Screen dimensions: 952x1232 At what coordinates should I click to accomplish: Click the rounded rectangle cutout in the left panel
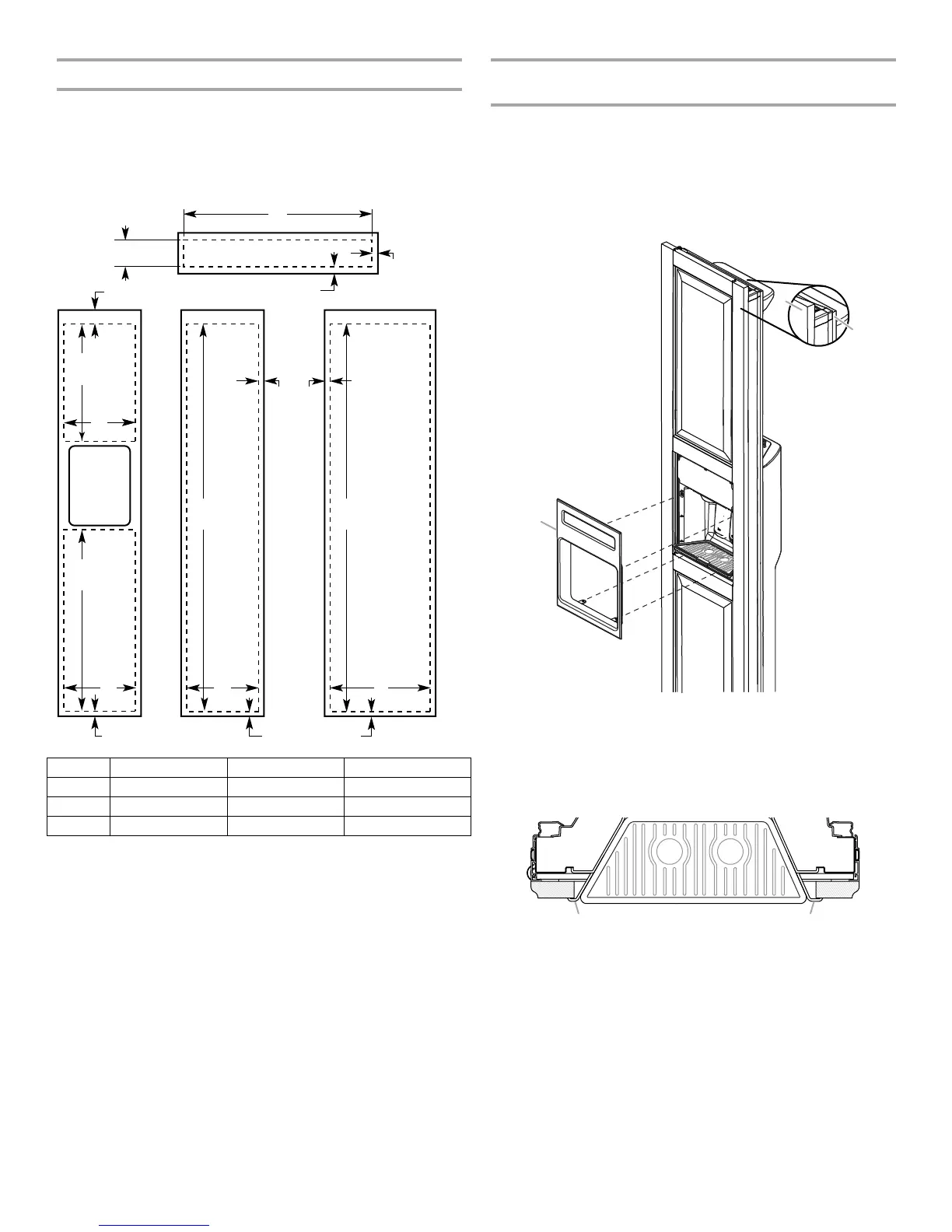click(x=100, y=485)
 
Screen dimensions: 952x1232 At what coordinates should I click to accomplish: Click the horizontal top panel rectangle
click(x=278, y=253)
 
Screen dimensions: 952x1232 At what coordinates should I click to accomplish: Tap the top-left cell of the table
click(x=78, y=767)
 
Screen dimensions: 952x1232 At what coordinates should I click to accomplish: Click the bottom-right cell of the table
click(x=407, y=826)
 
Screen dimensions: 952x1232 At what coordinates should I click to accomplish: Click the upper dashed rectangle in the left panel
click(x=100, y=382)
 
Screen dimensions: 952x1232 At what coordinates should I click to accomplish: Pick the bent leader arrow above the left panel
click(x=96, y=296)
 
